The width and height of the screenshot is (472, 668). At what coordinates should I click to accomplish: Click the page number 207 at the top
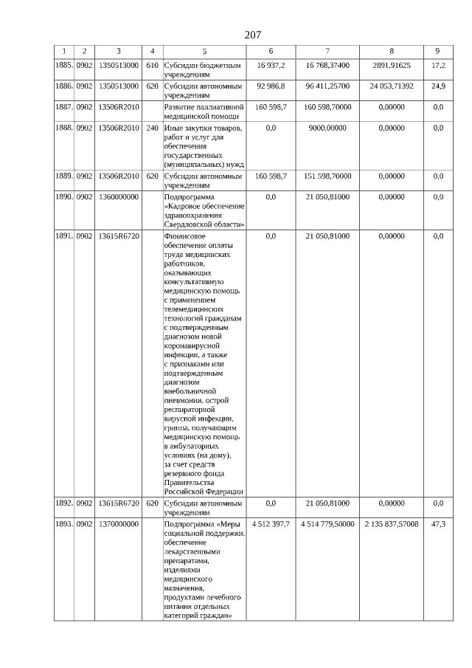[253, 35]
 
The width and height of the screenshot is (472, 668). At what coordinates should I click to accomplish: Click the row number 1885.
[63, 66]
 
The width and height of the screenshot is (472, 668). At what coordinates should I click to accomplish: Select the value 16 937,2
[271, 66]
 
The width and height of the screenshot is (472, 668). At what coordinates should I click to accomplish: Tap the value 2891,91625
[392, 66]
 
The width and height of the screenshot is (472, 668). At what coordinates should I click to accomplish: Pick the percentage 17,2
[438, 66]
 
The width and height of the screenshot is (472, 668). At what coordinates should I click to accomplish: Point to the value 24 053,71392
[392, 86]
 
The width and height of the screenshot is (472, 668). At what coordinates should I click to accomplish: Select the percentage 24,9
[438, 86]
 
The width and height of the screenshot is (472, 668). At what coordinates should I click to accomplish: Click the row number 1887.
[63, 107]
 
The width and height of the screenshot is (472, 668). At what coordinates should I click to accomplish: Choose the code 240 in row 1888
[153, 128]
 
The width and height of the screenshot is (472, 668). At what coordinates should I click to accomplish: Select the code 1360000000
[119, 197]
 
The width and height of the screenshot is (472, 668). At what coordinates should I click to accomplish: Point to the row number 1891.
[63, 236]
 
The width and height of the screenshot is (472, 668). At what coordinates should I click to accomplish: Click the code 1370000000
[119, 524]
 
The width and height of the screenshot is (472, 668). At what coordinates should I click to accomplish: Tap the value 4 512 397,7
[271, 524]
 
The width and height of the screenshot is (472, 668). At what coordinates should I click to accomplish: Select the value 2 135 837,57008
[392, 524]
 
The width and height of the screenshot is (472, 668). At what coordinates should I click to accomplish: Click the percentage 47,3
[438, 524]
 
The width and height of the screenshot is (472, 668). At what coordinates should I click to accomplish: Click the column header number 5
[204, 51]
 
